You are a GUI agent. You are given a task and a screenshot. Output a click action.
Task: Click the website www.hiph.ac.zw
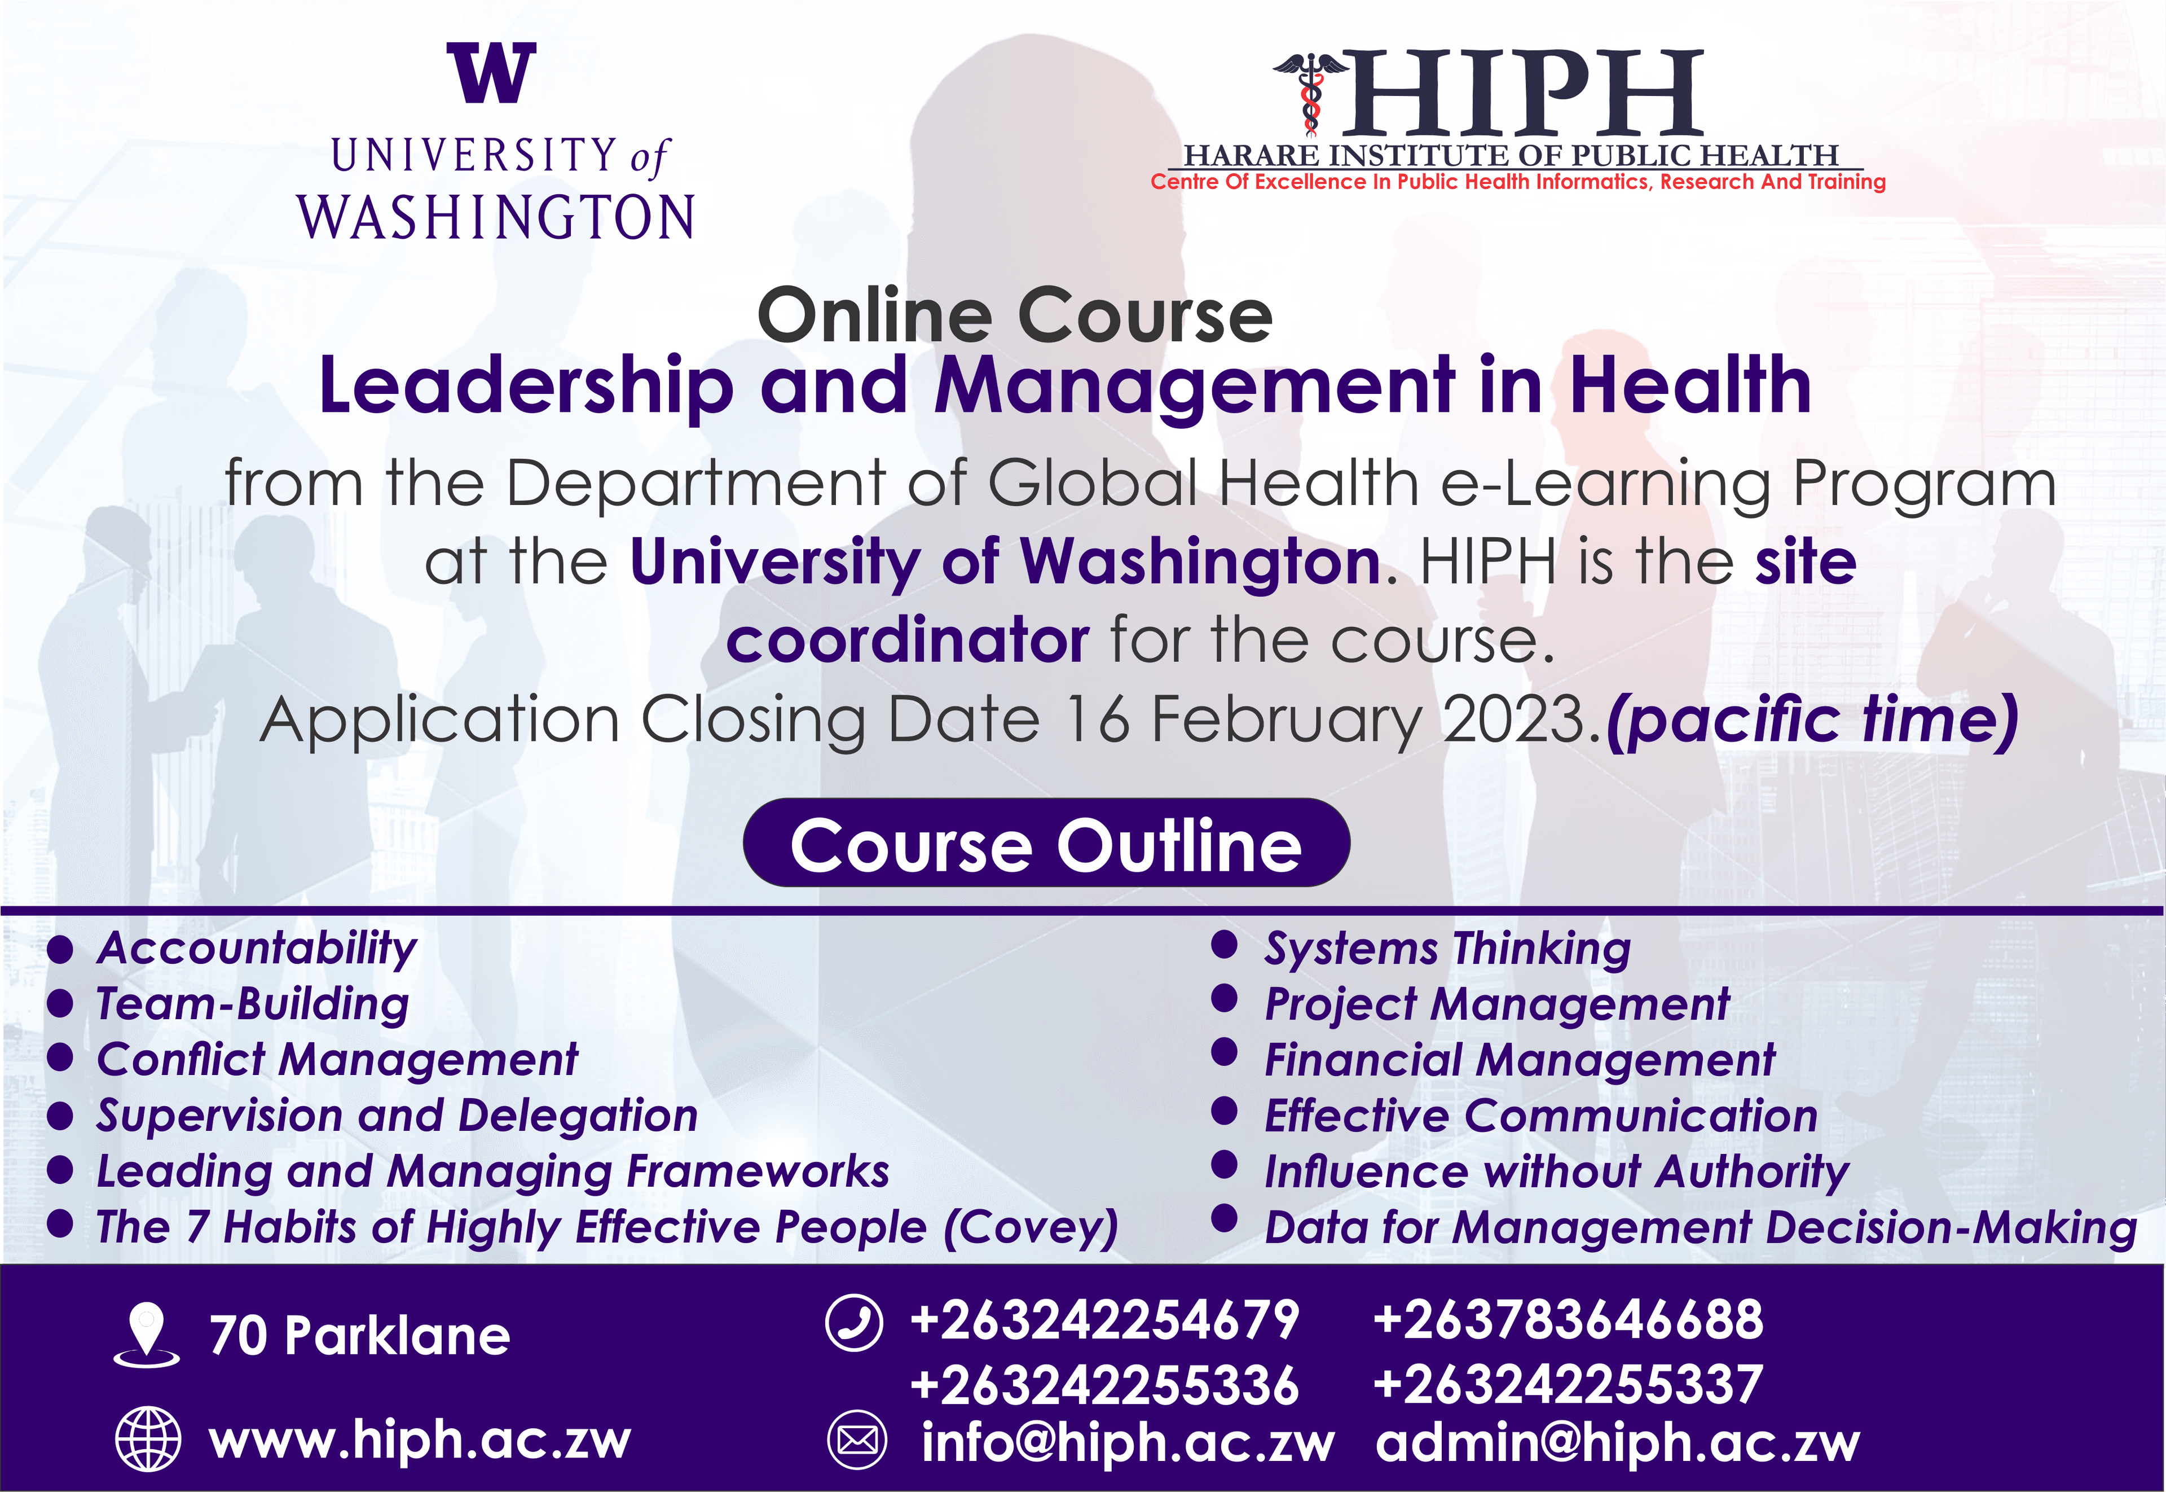(x=420, y=1440)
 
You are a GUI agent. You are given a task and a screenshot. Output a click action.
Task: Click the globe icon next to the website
(x=148, y=1439)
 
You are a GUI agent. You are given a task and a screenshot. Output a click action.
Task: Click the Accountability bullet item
(x=257, y=949)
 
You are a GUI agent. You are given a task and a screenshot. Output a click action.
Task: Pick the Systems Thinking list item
(x=1447, y=949)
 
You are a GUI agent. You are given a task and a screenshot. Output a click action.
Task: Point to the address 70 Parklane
(x=360, y=1335)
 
